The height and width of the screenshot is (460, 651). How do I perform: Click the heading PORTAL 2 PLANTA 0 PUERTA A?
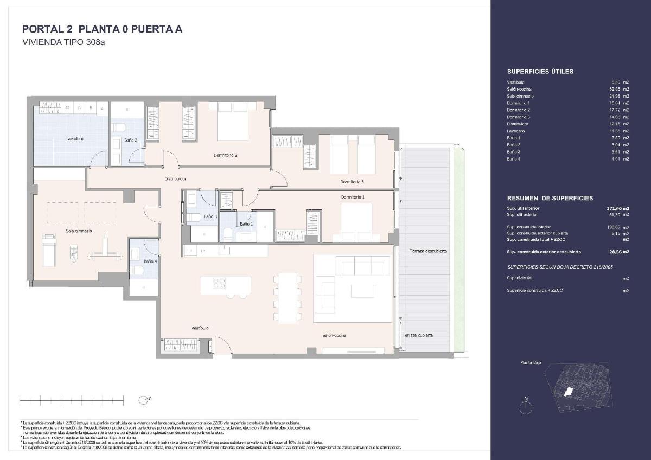pyautogui.click(x=102, y=29)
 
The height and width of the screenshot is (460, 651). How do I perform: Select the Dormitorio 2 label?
pyautogui.click(x=226, y=155)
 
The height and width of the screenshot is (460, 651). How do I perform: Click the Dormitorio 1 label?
pyautogui.click(x=353, y=196)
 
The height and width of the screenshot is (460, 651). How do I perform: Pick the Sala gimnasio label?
pyautogui.click(x=79, y=231)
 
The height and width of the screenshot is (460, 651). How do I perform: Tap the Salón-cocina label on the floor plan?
pyautogui.click(x=334, y=335)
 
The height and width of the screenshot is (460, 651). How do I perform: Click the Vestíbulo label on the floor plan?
pyautogui.click(x=200, y=328)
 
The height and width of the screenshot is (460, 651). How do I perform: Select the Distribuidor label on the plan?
pyautogui.click(x=176, y=178)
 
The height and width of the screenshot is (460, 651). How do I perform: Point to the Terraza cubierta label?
pyautogui.click(x=418, y=335)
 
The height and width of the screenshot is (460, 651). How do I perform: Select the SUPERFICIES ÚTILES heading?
pyautogui.click(x=540, y=72)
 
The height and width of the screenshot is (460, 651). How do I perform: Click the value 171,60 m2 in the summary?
pyautogui.click(x=617, y=208)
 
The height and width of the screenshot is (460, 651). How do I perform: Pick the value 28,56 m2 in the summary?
pyautogui.click(x=617, y=252)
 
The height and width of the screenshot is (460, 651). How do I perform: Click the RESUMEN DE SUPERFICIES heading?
pyautogui.click(x=550, y=199)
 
